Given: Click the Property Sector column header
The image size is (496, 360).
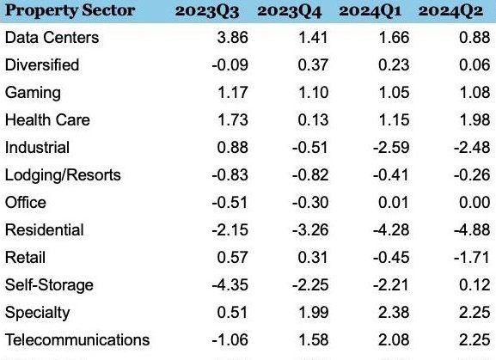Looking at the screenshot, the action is coord(70,11).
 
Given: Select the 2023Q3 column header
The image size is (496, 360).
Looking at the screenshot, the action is coord(207,11).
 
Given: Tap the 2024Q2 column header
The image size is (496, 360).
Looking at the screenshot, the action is coord(450,11).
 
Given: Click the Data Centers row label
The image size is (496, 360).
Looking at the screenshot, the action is coord(52,37).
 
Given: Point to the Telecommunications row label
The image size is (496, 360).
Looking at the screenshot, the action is coord(77,340).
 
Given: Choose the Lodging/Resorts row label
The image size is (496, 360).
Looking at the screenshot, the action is coord(63,175).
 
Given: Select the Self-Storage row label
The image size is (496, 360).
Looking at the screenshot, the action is coord(49,285).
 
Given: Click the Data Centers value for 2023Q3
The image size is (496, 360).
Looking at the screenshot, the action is coord(232,37).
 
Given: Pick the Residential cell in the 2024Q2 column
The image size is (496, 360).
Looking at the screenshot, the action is coord(472,229).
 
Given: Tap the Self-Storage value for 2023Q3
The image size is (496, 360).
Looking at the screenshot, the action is coord(230,284).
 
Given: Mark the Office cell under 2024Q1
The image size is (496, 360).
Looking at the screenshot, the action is coord(394,202).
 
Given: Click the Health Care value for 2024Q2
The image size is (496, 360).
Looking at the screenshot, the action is coord(475,119).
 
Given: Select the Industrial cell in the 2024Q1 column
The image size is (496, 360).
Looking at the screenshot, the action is coord(391,147).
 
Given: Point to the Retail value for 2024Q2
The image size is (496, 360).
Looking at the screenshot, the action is coord(472,257).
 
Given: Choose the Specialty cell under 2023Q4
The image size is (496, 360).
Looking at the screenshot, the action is coord(313,312).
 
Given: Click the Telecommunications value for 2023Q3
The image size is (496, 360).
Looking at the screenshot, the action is coord(230,339).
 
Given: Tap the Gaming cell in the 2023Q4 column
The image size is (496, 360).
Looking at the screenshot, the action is coord(313,92).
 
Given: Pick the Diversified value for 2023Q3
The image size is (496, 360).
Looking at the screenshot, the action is coord(230,64).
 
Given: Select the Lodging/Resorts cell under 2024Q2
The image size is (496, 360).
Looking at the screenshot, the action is coord(472,174).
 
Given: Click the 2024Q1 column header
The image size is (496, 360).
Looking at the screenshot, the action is coord(370,11).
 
